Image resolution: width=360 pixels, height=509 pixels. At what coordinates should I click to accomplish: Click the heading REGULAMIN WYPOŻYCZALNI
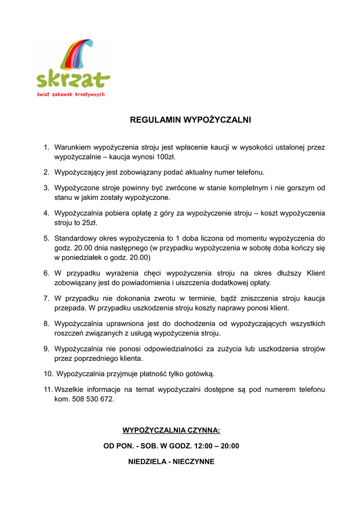point(190,120)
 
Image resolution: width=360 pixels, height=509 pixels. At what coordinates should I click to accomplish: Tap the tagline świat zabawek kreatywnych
point(71,94)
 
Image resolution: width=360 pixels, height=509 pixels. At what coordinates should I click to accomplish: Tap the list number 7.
point(46,298)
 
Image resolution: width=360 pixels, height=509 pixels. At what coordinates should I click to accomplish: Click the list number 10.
point(48,374)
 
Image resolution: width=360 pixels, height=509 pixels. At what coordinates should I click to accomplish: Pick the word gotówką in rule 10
point(200,374)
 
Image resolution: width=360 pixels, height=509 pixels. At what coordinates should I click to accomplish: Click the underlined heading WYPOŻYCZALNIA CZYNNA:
point(171,430)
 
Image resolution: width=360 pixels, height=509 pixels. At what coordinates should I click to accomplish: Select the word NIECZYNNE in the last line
point(194,462)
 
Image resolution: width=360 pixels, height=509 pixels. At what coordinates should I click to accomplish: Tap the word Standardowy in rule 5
point(75,238)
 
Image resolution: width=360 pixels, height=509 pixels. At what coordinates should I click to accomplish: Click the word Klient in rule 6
point(316,273)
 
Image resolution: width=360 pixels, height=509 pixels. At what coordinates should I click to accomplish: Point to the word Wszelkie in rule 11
point(70,389)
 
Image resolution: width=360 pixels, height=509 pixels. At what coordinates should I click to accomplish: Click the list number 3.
point(46,187)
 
